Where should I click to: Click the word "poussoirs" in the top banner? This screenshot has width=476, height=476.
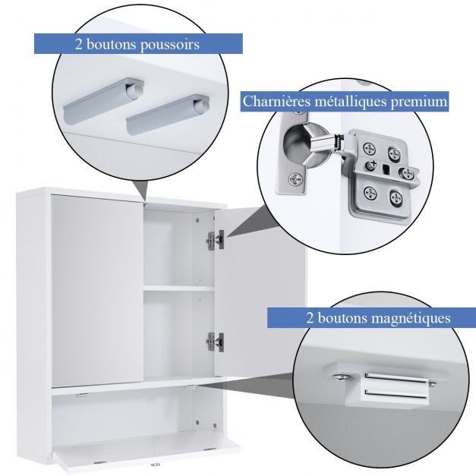pos(170,45)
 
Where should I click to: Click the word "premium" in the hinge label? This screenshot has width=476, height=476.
pos(418,102)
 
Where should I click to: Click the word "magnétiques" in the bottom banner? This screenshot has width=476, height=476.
pos(411,318)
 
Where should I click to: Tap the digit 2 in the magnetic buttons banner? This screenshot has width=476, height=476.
pos(310,318)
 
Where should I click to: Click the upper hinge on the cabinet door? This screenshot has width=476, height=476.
pos(216,240)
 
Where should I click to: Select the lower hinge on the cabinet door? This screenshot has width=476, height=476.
pos(216,342)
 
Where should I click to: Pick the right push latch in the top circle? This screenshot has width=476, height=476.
pos(168,114)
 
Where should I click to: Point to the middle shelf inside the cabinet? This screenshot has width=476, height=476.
pos(179,288)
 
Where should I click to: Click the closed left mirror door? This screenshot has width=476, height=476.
pos(97,291)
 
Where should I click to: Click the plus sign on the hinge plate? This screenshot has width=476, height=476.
pos(373,163)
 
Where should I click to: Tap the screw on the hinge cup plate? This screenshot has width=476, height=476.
pos(295,179)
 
